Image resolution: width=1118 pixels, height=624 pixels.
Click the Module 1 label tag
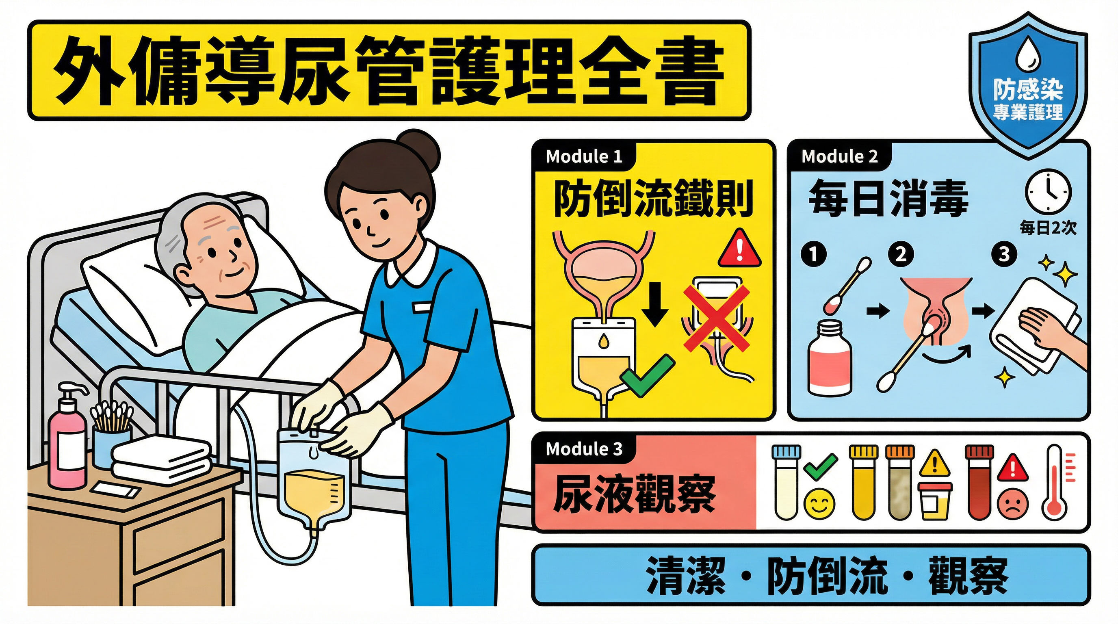pos(584,157)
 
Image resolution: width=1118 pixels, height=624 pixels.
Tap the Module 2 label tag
pos(839,157)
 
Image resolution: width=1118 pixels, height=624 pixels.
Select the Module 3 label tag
pos(584,449)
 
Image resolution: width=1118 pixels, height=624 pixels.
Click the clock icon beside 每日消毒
pos(1048,192)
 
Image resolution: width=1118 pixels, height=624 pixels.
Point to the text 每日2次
pos(1048,227)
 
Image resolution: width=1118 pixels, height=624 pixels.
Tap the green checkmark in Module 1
pos(647,376)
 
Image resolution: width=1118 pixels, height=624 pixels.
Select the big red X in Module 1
pos(716,318)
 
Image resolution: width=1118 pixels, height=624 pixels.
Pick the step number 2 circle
pos(901,254)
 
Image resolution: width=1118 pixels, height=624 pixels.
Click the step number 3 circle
pos(1004,254)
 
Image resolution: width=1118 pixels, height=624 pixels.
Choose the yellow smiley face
pos(819,503)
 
